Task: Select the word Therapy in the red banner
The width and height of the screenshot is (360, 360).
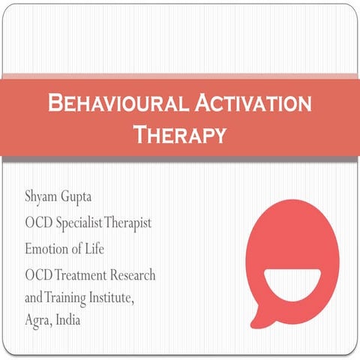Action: click(x=179, y=135)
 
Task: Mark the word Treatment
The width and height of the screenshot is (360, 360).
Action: click(x=83, y=275)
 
